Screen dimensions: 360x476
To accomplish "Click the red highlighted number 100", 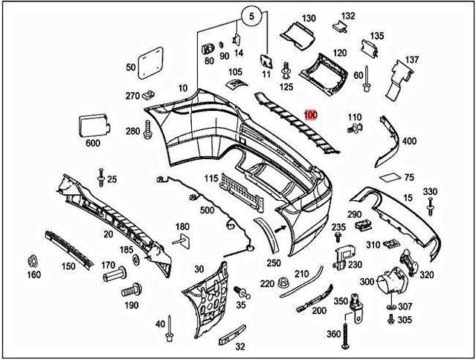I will point(310,115).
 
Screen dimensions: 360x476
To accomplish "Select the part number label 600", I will point(93,143).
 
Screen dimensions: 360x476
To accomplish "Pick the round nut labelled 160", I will point(32,261).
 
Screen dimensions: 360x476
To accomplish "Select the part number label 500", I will point(207,211).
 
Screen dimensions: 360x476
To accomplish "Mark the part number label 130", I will point(308,18).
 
